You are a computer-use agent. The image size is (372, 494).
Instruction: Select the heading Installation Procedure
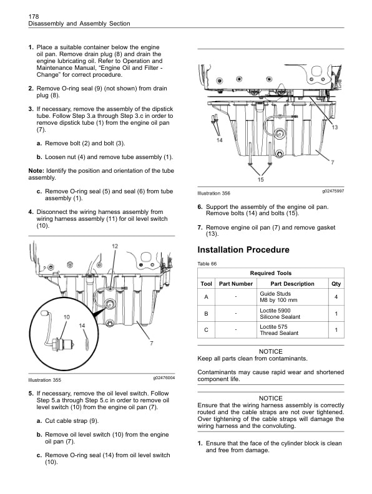[x=238, y=250]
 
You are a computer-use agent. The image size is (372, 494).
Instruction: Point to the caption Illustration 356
[x=213, y=193]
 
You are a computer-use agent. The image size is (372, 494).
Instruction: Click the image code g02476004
[x=164, y=378]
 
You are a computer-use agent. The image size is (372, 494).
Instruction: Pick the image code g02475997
[x=333, y=191]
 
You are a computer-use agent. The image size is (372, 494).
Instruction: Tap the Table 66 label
[x=207, y=264]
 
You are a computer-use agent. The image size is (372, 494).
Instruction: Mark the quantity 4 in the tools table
[x=336, y=297]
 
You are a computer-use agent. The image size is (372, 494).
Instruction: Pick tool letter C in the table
[x=205, y=329]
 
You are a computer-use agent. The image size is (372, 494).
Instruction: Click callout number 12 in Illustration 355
[x=115, y=247]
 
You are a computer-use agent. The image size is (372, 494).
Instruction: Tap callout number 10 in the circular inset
[x=66, y=317]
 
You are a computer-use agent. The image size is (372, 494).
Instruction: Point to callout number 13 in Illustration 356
[x=335, y=127]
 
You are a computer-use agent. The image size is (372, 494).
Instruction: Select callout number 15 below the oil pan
[x=260, y=180]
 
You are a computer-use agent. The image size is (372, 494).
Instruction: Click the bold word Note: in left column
[x=36, y=171]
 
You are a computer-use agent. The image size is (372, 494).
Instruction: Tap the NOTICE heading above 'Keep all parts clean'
[x=270, y=351]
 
